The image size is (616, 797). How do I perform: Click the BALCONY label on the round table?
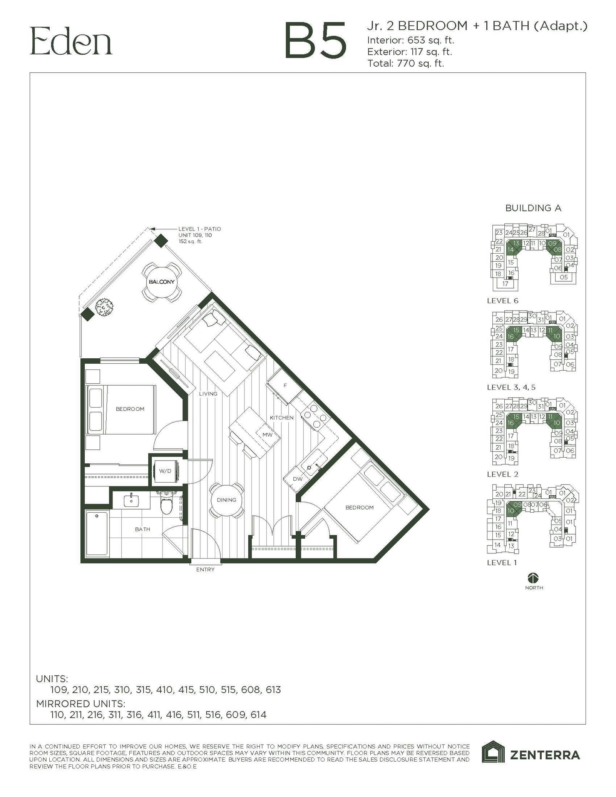tap(162, 282)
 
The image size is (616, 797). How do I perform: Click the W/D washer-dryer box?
tap(165, 471)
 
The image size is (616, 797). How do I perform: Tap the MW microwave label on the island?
tap(267, 434)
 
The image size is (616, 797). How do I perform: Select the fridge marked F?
tap(285, 385)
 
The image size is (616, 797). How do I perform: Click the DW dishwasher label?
tap(298, 479)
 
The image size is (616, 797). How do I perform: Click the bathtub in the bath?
tap(97, 533)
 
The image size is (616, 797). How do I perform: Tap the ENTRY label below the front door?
tap(205, 570)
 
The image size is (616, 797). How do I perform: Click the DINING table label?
tap(226, 500)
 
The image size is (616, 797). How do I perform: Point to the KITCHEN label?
tap(281, 418)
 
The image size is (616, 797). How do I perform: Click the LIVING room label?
tap(208, 394)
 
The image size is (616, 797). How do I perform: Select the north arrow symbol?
tap(534, 578)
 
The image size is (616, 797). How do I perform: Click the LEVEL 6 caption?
tap(502, 301)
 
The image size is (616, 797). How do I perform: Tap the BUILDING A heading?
tap(533, 208)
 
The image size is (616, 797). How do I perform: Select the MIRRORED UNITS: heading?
tap(80, 704)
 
